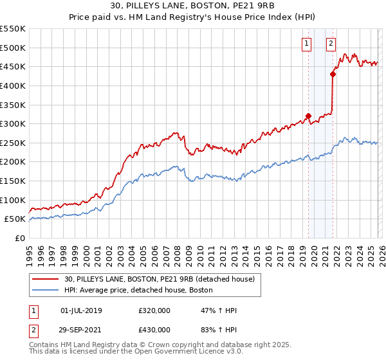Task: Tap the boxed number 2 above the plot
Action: (x=331, y=44)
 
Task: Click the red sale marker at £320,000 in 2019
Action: (x=308, y=116)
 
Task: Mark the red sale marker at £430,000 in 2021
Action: (x=333, y=74)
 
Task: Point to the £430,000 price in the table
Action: (x=154, y=329)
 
